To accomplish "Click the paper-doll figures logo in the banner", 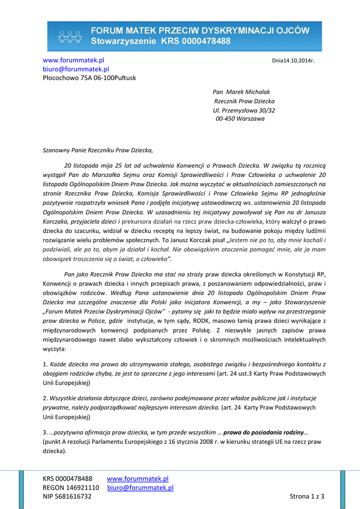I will click(70, 37).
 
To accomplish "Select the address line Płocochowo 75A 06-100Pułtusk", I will click(89, 78).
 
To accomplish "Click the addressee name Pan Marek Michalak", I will click(241, 92).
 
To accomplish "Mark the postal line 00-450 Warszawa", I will click(240, 119).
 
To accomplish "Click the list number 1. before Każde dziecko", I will click(45, 365).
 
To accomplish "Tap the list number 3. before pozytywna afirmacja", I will click(45, 432).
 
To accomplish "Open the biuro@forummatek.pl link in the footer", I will click(140, 488).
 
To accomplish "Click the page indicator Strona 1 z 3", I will click(307, 496).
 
